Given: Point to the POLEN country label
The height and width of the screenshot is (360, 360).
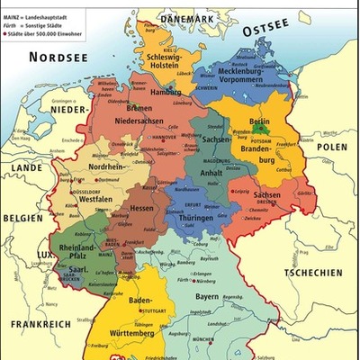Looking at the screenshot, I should (330, 146).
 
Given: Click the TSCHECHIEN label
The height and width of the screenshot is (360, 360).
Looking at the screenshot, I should (313, 273).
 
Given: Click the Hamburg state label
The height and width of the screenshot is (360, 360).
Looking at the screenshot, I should (166, 92).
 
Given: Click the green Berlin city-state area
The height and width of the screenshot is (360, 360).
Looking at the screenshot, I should (260, 129).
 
